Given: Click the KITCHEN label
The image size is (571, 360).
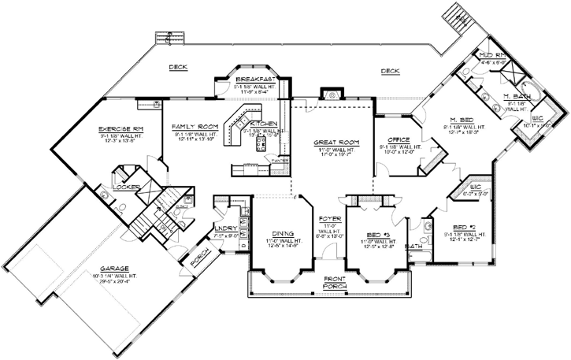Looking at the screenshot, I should (x=263, y=124).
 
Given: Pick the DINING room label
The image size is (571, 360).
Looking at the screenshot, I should (x=280, y=234).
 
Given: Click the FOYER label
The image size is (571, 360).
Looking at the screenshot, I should (x=328, y=218).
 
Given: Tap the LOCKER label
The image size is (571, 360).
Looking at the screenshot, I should (x=125, y=187).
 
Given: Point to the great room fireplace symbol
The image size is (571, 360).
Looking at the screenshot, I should (x=332, y=94).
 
